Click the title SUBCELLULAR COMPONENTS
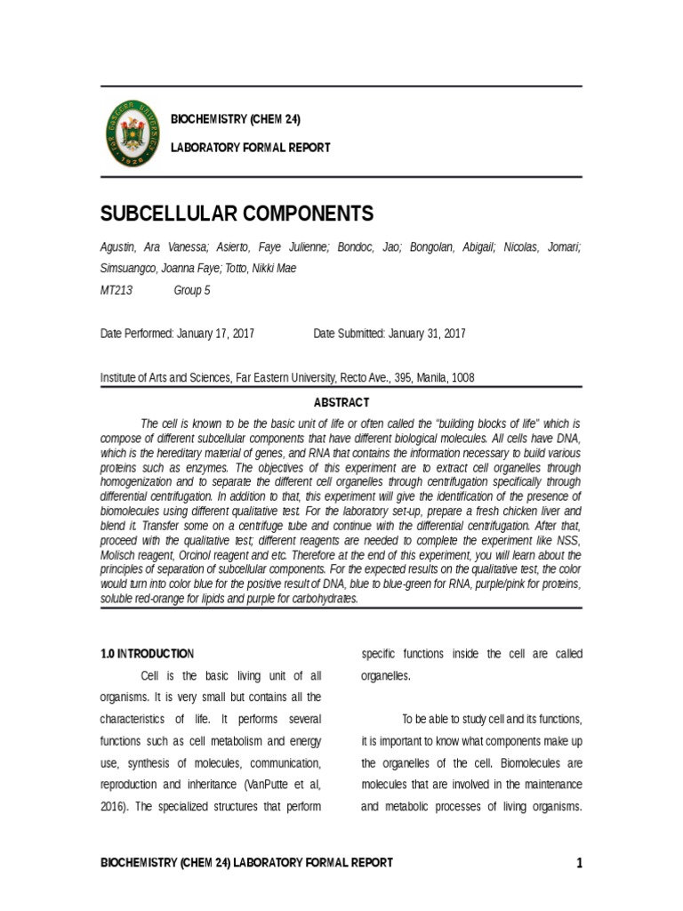pos(236,214)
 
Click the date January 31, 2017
pos(425,334)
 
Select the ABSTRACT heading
pos(341,402)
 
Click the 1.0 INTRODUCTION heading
pos(147,654)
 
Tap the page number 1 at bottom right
pos(578,863)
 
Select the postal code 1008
pos(462,377)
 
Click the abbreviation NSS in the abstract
pos(565,544)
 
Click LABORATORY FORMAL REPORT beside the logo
pos(250,147)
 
